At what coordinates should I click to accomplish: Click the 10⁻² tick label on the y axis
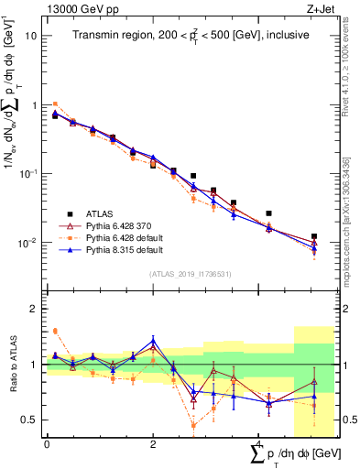click(x=31, y=243)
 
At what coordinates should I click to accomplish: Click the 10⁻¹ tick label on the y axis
click(x=31, y=173)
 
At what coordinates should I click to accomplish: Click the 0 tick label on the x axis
click(x=47, y=444)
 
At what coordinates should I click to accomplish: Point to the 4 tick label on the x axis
click(x=259, y=444)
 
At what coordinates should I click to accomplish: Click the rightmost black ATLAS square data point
click(x=314, y=236)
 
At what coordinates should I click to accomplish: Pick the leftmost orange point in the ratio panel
click(x=55, y=331)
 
